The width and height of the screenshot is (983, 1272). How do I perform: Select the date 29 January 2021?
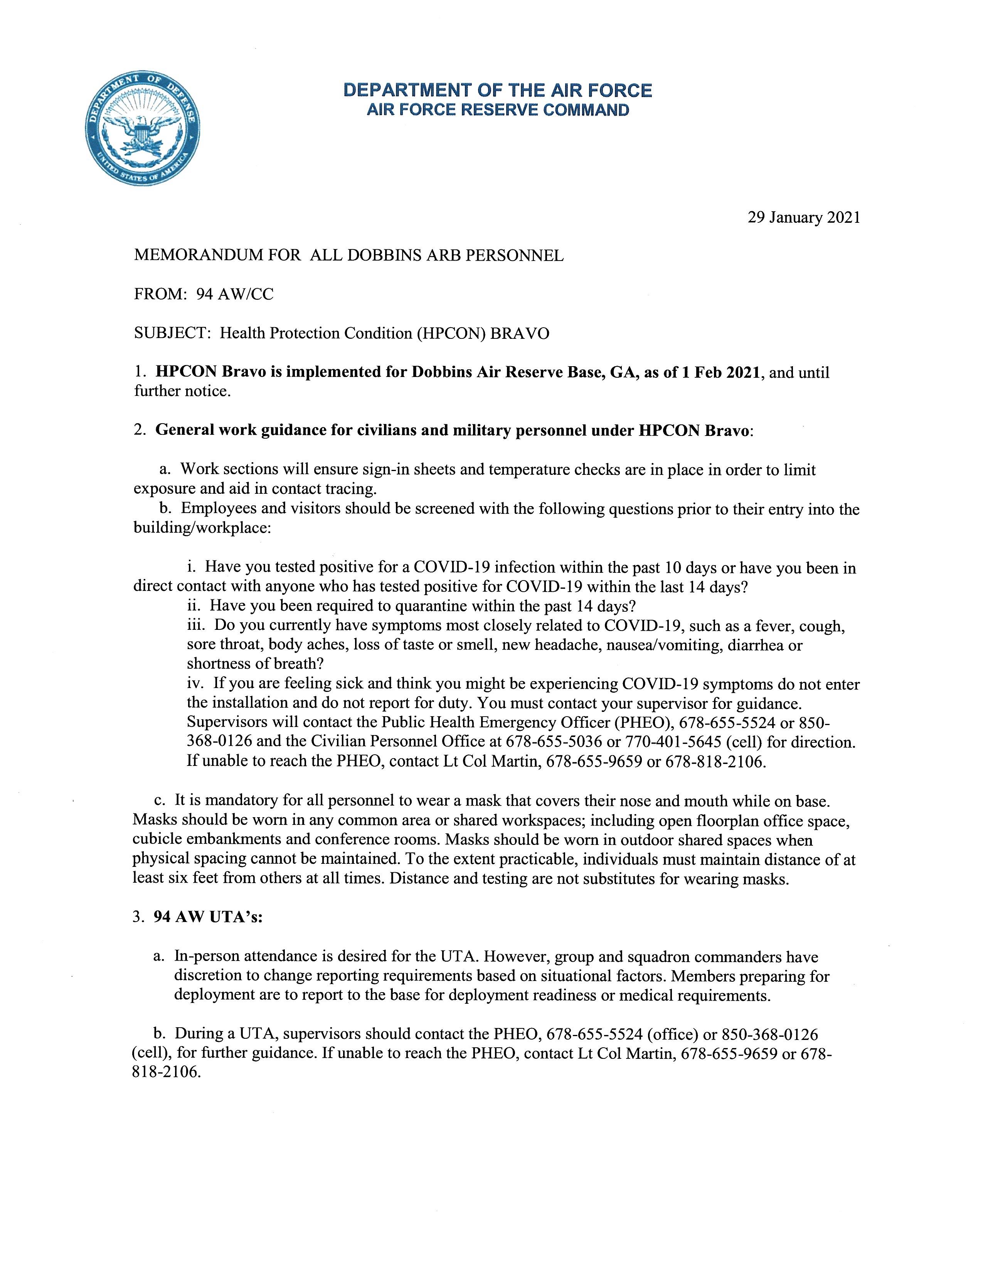pos(804,218)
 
